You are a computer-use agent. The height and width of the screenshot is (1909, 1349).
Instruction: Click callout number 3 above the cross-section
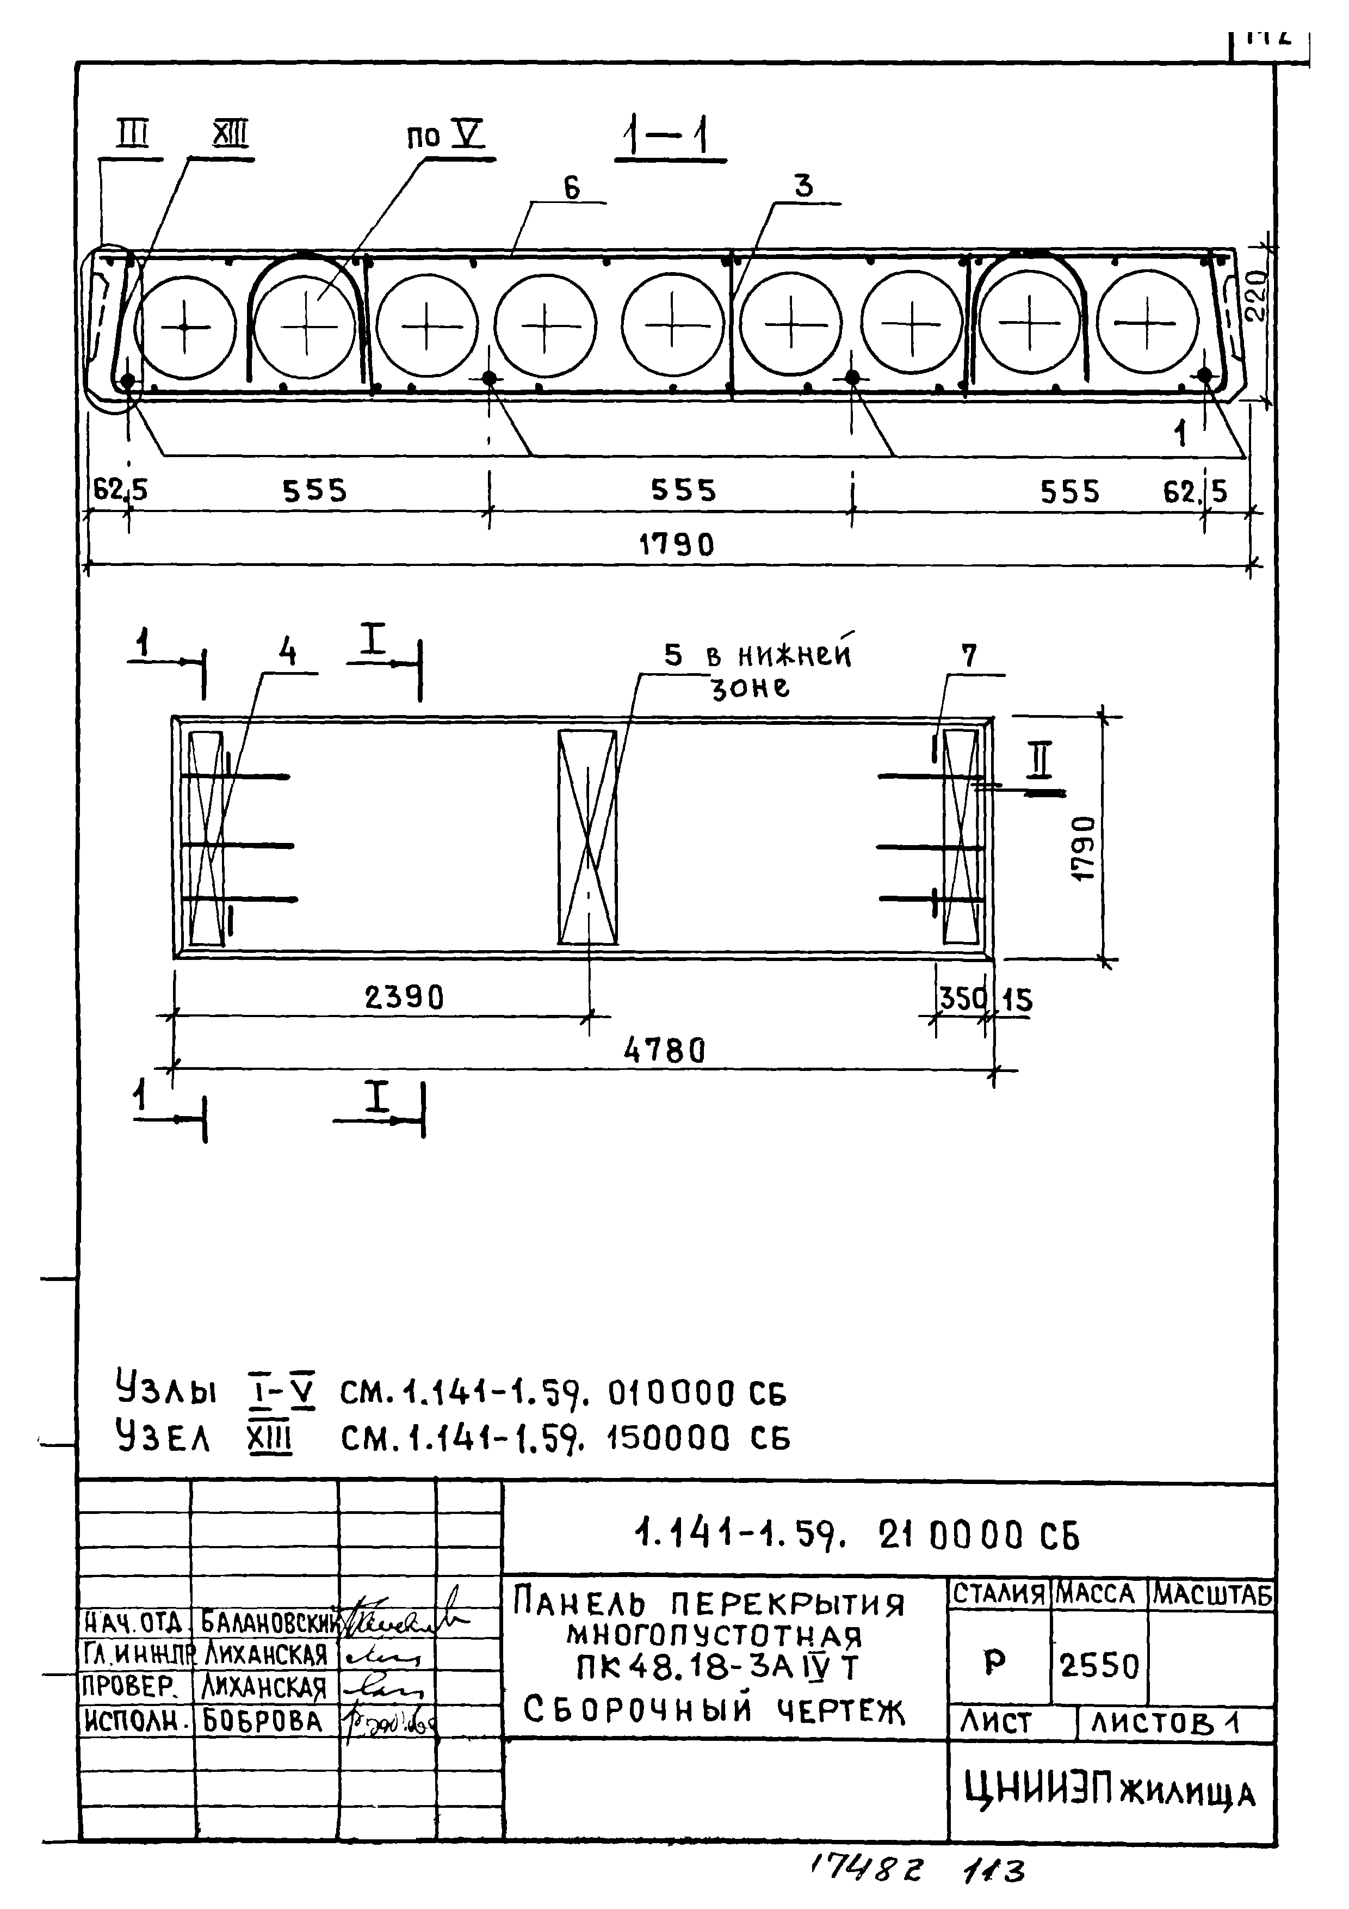(803, 186)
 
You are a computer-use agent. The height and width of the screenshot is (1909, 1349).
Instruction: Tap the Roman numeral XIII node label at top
(230, 136)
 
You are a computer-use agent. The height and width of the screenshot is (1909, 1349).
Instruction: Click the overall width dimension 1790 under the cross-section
(676, 545)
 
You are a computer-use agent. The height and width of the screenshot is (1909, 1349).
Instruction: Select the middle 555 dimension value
(683, 490)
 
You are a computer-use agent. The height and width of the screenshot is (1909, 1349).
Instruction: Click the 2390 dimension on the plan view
(404, 997)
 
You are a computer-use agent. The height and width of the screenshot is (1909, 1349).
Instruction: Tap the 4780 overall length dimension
(664, 1051)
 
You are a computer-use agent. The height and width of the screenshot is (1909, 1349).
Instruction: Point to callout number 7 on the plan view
(969, 656)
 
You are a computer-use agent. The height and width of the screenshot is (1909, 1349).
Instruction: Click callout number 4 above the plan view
(287, 652)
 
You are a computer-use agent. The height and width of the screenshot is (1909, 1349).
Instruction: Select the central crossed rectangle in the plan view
(587, 838)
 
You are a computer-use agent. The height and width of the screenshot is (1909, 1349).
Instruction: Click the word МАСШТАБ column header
(1212, 1594)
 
